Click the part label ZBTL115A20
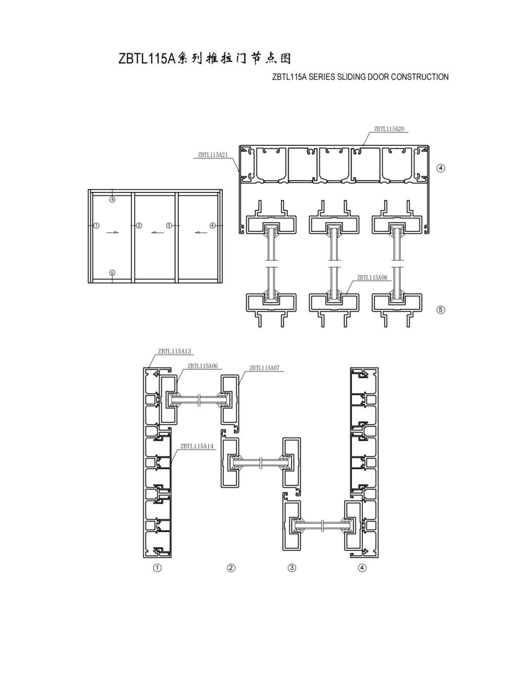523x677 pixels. (389, 129)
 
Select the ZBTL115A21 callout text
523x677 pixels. (213, 155)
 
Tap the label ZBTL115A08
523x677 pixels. (372, 278)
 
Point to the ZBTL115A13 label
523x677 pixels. (174, 352)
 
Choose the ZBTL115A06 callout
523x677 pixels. (203, 366)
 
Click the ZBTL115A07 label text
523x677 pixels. (264, 368)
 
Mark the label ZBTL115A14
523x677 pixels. (197, 446)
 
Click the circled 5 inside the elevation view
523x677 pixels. (112, 273)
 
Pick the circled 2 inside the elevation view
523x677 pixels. (139, 225)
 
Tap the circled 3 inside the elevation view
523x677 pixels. (169, 225)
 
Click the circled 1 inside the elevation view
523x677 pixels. (97, 225)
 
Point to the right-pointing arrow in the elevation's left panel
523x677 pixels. (112, 232)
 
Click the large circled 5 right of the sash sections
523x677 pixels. (441, 310)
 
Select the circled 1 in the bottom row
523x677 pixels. (157, 568)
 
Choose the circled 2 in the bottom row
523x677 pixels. (231, 568)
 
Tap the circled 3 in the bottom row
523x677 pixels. (292, 568)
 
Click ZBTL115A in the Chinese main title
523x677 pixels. (147, 59)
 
